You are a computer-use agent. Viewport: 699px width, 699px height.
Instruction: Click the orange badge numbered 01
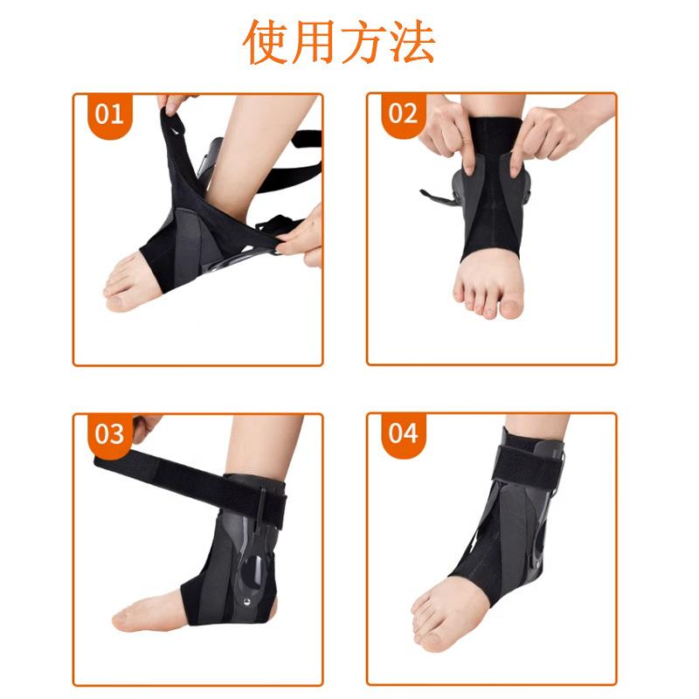107,114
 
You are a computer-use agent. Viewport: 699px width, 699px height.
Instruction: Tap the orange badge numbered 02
403,114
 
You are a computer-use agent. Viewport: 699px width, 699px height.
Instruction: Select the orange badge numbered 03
107,434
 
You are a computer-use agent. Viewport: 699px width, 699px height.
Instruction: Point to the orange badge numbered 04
403,434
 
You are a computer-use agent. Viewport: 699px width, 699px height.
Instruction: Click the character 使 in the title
266,42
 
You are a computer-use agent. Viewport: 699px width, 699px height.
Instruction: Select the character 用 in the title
315,42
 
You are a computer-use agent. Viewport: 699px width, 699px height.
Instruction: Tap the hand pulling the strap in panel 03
144,427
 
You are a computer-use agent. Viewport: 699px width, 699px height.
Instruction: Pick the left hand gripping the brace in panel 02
446,131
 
